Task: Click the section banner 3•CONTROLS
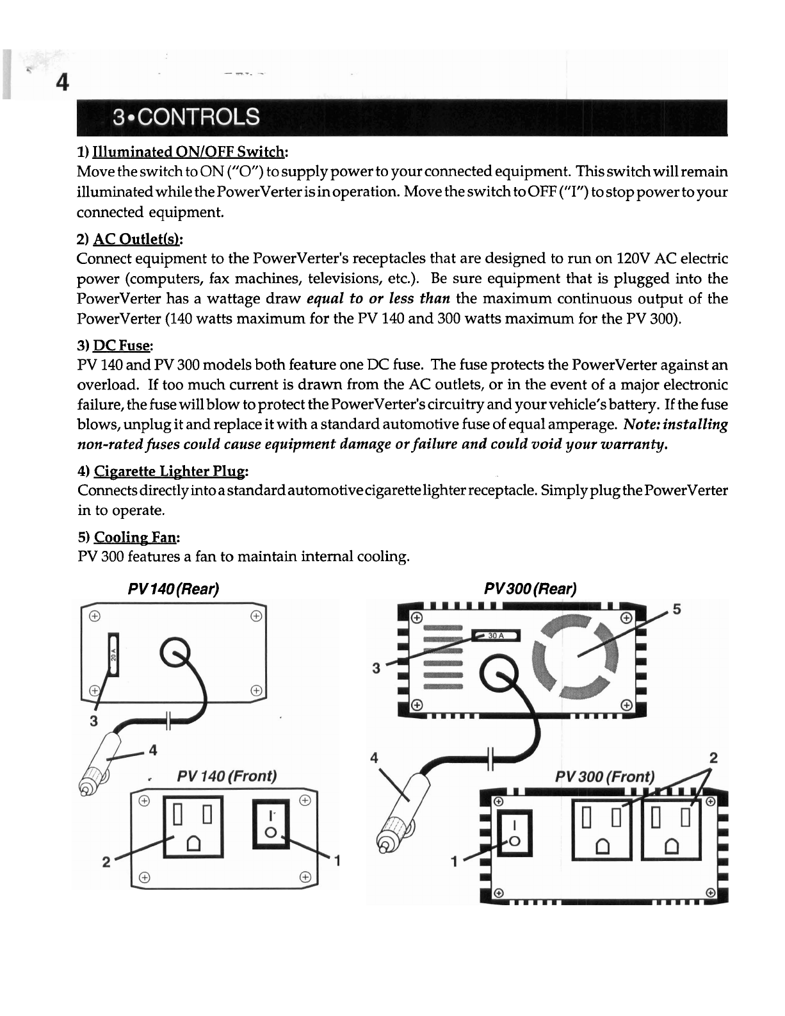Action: coord(186,117)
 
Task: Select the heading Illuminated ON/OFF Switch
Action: coord(189,152)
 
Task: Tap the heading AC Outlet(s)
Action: coord(138,239)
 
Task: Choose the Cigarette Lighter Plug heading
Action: coord(169,471)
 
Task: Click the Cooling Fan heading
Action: coord(134,537)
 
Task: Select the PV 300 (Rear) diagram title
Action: coord(530,589)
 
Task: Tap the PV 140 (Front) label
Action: coord(227,776)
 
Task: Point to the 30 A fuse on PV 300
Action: coord(496,635)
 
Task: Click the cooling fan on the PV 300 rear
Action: coord(576,655)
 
